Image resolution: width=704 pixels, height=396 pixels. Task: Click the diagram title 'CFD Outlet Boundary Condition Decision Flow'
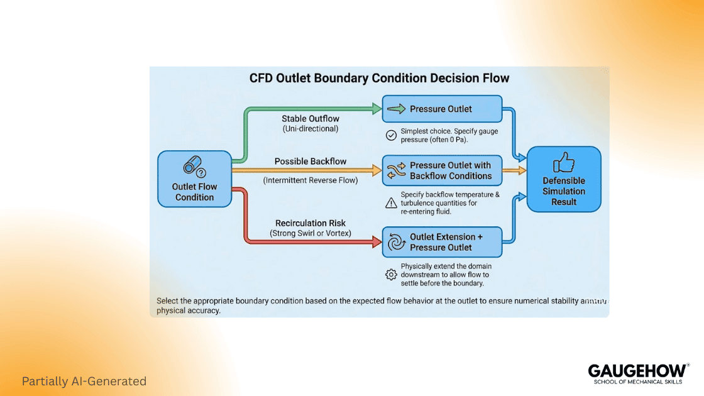point(379,79)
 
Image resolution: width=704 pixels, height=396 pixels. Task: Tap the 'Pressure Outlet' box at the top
point(442,109)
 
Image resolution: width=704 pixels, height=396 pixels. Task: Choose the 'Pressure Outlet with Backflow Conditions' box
point(442,170)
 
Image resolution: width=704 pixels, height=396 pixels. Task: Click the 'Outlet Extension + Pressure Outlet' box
point(442,242)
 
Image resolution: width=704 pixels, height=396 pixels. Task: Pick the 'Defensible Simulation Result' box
point(564,179)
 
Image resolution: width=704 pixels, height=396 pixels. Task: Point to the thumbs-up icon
point(564,163)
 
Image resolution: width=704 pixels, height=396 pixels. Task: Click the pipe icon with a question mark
point(194,167)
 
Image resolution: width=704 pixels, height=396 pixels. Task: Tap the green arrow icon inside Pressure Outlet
point(397,109)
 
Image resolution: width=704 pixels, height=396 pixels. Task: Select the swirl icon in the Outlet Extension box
point(397,242)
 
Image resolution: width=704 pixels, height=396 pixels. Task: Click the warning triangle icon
point(391,203)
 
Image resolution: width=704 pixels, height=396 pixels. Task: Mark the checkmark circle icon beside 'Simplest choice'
point(391,135)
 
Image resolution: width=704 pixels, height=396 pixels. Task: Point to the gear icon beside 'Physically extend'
point(391,275)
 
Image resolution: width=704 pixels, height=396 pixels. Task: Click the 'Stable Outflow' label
point(310,118)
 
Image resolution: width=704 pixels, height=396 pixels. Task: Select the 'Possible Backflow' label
point(310,162)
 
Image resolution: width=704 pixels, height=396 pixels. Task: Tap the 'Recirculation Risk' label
point(310,223)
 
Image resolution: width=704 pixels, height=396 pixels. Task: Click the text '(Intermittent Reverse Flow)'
point(310,181)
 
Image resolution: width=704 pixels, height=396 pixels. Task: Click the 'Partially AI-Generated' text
point(84,381)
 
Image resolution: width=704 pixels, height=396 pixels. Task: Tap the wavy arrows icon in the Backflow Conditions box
point(397,170)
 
